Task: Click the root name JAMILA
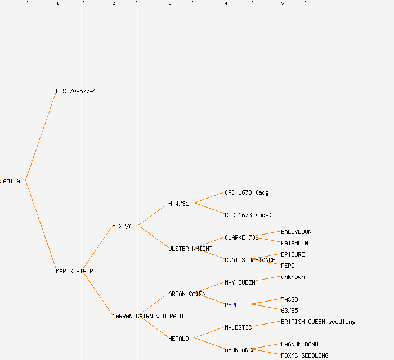click(x=10, y=181)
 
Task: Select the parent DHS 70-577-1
click(x=76, y=91)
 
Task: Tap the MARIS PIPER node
click(x=74, y=271)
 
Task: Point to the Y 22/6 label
click(x=122, y=226)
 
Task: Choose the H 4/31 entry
click(x=178, y=204)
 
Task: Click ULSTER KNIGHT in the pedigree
click(x=190, y=249)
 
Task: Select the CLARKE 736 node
click(x=241, y=237)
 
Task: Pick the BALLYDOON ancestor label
click(x=296, y=232)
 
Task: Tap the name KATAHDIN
click(x=294, y=243)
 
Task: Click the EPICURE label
click(x=293, y=254)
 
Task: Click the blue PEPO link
click(x=231, y=305)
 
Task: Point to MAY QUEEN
click(x=240, y=282)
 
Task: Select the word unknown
click(x=293, y=277)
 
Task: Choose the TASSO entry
click(x=289, y=299)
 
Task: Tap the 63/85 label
click(x=289, y=310)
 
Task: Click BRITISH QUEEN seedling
click(x=318, y=322)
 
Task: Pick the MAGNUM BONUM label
click(x=301, y=344)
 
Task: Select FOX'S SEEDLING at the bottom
click(x=305, y=355)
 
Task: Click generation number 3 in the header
click(x=169, y=4)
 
